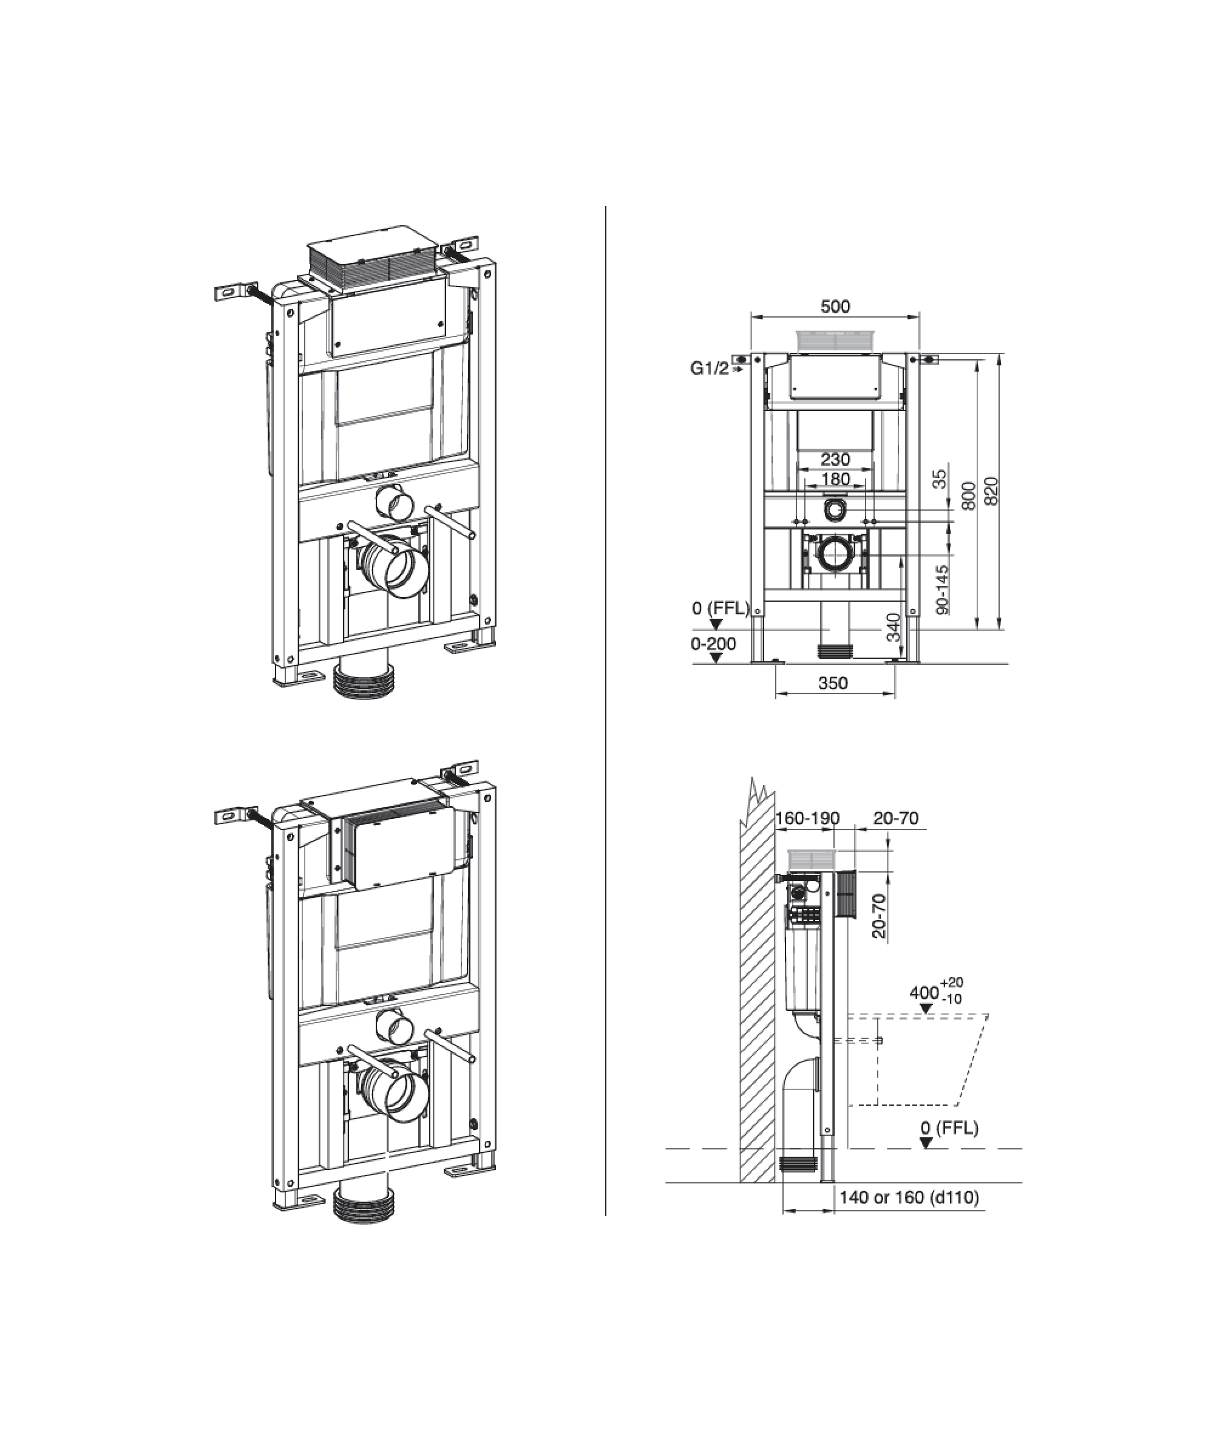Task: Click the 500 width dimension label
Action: click(x=835, y=306)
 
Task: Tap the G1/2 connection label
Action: click(x=710, y=369)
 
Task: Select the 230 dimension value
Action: click(x=835, y=459)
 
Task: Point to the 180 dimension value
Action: click(x=835, y=479)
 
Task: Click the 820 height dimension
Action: click(x=991, y=491)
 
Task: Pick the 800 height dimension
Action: click(x=969, y=495)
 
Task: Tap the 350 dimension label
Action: click(x=832, y=683)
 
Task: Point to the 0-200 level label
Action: click(x=713, y=644)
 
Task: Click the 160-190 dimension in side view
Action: click(x=807, y=819)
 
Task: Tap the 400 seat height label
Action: click(x=924, y=993)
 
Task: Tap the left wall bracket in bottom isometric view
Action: click(x=232, y=816)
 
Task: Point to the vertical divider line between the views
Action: click(x=606, y=690)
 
